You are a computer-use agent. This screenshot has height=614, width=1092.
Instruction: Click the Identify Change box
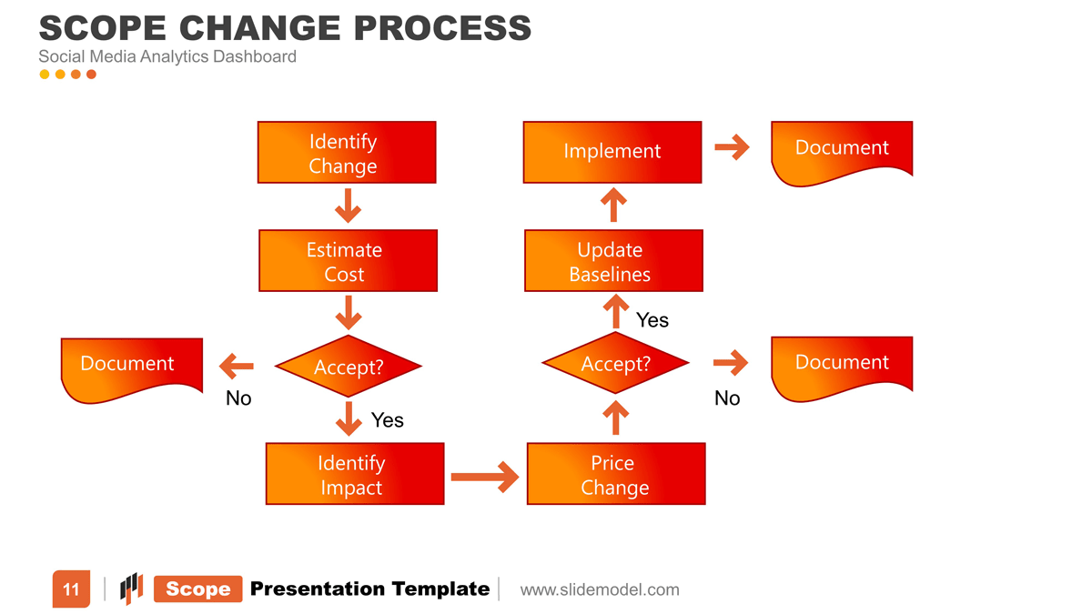347,153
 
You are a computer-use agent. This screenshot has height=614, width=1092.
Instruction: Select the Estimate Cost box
348,261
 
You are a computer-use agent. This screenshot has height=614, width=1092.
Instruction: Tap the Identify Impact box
354,474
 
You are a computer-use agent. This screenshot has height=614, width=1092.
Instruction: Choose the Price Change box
616,474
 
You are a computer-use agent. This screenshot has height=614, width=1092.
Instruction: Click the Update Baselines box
613,261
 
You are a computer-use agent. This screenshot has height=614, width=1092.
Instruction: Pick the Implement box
612,152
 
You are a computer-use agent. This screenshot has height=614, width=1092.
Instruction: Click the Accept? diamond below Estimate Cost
348,367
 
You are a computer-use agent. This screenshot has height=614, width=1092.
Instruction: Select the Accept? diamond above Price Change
615,364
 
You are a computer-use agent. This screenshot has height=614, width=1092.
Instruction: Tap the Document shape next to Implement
841,150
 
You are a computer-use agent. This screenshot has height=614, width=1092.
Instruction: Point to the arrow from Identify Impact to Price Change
484,476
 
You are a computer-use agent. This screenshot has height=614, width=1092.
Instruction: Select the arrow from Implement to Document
732,147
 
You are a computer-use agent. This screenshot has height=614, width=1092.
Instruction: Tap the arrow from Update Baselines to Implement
614,205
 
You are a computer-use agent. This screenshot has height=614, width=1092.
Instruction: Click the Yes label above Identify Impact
387,420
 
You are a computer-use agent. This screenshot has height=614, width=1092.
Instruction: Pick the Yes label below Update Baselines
652,320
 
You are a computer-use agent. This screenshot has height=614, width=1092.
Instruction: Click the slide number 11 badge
71,589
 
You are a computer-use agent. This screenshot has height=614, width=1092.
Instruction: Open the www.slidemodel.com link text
600,589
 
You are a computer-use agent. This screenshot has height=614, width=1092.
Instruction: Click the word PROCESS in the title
442,28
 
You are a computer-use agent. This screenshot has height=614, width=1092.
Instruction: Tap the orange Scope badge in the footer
198,589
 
